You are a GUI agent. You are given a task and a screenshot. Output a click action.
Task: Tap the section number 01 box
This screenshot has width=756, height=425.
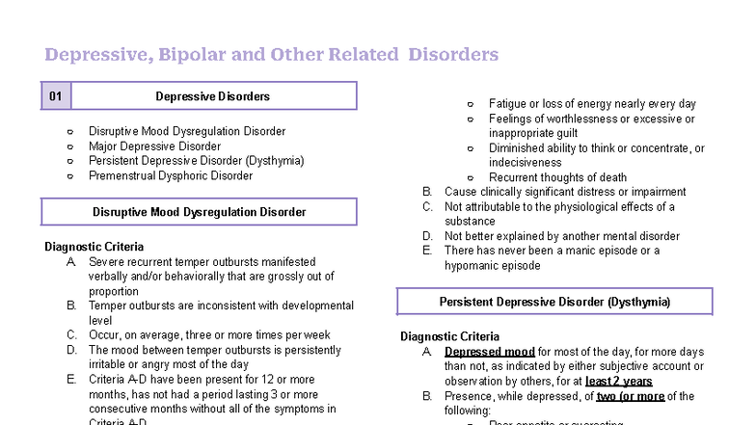pyautogui.click(x=56, y=96)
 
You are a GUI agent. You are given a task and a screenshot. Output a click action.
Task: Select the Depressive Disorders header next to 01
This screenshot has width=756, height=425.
pyautogui.click(x=212, y=96)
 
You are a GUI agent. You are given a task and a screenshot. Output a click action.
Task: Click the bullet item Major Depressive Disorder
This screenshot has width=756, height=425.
pyautogui.click(x=154, y=146)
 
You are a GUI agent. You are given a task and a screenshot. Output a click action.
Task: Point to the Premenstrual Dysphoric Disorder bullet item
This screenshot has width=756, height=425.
pyautogui.click(x=171, y=176)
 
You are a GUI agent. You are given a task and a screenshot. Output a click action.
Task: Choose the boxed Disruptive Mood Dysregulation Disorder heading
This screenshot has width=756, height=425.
pyautogui.click(x=199, y=212)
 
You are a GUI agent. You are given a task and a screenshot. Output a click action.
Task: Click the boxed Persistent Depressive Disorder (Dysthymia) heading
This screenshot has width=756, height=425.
pyautogui.click(x=554, y=303)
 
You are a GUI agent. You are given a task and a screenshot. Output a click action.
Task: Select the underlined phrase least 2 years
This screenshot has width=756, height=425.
pyautogui.click(x=618, y=382)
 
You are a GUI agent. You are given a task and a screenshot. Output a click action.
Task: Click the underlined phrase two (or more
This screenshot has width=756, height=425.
pyautogui.click(x=631, y=396)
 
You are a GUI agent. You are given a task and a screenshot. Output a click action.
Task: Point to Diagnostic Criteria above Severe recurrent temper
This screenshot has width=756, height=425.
pyautogui.click(x=94, y=247)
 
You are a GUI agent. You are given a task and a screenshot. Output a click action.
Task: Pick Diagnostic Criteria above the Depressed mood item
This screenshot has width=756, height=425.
pyautogui.click(x=449, y=337)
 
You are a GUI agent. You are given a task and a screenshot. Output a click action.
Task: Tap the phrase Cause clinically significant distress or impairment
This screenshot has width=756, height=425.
pyautogui.click(x=565, y=192)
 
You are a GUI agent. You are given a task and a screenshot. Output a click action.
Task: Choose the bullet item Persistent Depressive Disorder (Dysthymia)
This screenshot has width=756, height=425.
pyautogui.click(x=196, y=161)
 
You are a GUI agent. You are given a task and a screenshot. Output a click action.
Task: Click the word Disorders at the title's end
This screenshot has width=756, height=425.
pyautogui.click(x=453, y=54)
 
